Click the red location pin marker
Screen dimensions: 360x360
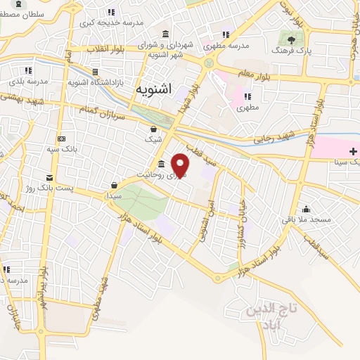(181, 165)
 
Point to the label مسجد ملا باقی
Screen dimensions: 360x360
(305, 221)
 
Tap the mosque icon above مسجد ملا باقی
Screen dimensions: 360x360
(306, 209)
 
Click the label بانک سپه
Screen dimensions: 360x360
(62, 150)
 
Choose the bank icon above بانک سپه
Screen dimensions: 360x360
(62, 138)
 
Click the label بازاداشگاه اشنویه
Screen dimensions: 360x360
(95, 83)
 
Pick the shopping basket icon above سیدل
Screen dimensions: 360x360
(113, 185)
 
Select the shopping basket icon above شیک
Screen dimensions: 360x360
(154, 129)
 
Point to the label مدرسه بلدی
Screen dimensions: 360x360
(29, 82)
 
